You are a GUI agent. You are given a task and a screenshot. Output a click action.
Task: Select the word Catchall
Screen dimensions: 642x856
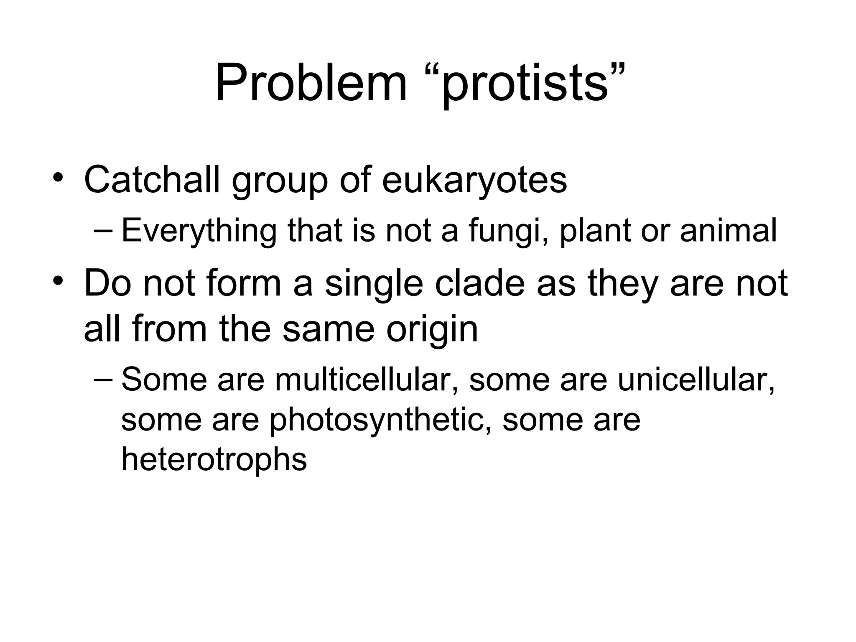tap(152, 180)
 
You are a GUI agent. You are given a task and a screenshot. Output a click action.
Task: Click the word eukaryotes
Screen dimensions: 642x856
tap(474, 181)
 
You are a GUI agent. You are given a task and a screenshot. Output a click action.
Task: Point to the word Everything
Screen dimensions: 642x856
tap(199, 230)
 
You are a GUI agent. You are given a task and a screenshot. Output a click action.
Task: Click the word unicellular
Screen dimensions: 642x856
tap(695, 380)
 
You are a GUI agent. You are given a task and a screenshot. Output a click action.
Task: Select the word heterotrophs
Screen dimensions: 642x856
tap(214, 459)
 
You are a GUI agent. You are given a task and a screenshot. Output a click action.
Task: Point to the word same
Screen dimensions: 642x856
tap(328, 329)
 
